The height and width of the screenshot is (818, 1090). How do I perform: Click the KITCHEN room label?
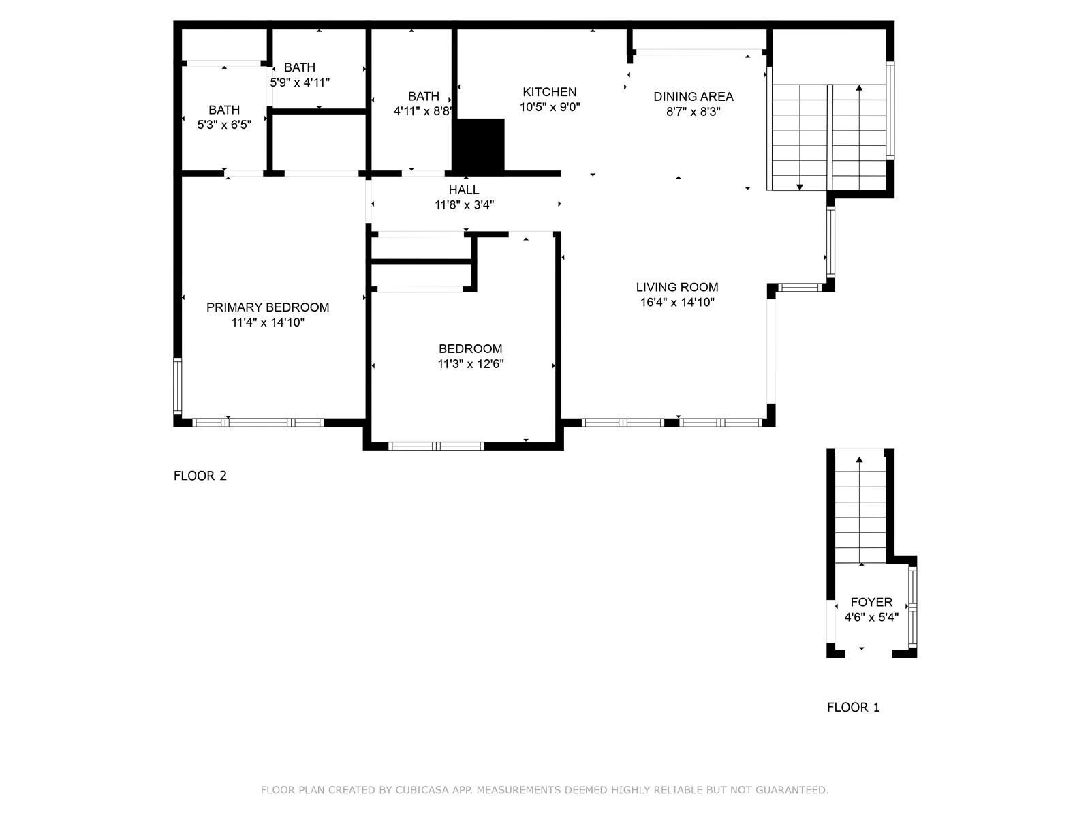tap(549, 92)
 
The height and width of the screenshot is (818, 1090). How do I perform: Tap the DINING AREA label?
tap(694, 96)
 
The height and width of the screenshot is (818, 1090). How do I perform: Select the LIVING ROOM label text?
tap(677, 287)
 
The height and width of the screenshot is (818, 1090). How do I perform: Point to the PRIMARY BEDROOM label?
tap(268, 307)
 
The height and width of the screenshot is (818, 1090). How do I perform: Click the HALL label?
tap(464, 190)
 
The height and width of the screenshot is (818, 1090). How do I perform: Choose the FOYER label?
tap(871, 602)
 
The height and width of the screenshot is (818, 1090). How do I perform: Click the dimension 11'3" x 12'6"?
tap(470, 364)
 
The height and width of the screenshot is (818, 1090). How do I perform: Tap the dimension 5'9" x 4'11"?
tap(300, 82)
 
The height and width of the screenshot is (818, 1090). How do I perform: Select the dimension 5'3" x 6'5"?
tap(224, 125)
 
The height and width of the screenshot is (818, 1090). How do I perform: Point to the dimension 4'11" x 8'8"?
tap(422, 111)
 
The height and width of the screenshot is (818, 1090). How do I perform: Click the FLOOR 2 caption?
tap(200, 476)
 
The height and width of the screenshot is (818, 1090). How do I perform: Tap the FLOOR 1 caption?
tap(853, 708)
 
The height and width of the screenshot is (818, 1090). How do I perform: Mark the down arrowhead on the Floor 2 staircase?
tap(800, 187)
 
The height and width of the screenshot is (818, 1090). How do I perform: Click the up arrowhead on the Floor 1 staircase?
tap(860, 459)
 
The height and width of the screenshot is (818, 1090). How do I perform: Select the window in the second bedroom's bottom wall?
tap(436, 446)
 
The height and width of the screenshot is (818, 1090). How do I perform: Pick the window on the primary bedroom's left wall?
tap(177, 386)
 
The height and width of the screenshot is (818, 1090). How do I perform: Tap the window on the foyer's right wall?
tap(913, 607)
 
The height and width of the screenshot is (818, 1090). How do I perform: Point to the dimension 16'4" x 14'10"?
tap(677, 303)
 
